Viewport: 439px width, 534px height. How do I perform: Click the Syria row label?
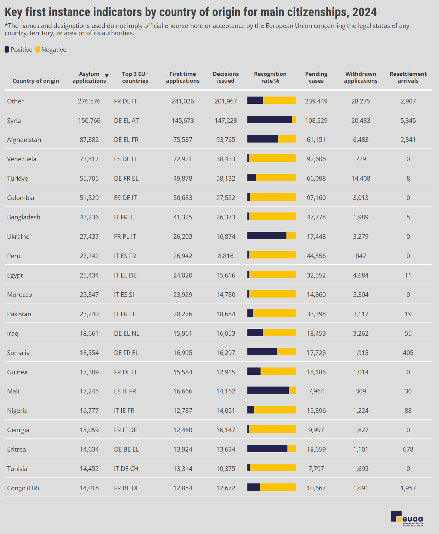(14, 121)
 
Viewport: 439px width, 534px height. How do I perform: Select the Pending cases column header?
(316, 78)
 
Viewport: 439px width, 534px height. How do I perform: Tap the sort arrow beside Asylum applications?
(107, 76)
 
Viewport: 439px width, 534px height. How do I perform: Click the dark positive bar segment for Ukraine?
(267, 235)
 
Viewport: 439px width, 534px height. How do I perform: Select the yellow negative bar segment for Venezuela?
(272, 158)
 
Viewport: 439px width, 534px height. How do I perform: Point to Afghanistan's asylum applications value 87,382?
(89, 140)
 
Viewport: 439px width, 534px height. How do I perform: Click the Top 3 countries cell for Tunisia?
(126, 469)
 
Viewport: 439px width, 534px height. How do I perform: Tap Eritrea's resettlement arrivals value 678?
(408, 449)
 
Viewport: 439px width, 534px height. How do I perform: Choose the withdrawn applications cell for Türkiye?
(361, 178)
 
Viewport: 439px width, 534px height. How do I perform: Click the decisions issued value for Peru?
(226, 256)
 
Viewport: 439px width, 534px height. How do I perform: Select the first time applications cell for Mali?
(183, 391)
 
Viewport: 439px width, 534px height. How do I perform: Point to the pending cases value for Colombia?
(316, 198)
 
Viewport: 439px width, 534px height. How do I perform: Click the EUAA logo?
(407, 519)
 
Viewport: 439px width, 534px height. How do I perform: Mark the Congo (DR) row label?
(23, 488)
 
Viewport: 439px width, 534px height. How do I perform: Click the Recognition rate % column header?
(270, 78)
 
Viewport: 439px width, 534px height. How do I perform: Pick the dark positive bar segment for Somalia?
(262, 352)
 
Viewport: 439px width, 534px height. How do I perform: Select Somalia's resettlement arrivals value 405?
(408, 353)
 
